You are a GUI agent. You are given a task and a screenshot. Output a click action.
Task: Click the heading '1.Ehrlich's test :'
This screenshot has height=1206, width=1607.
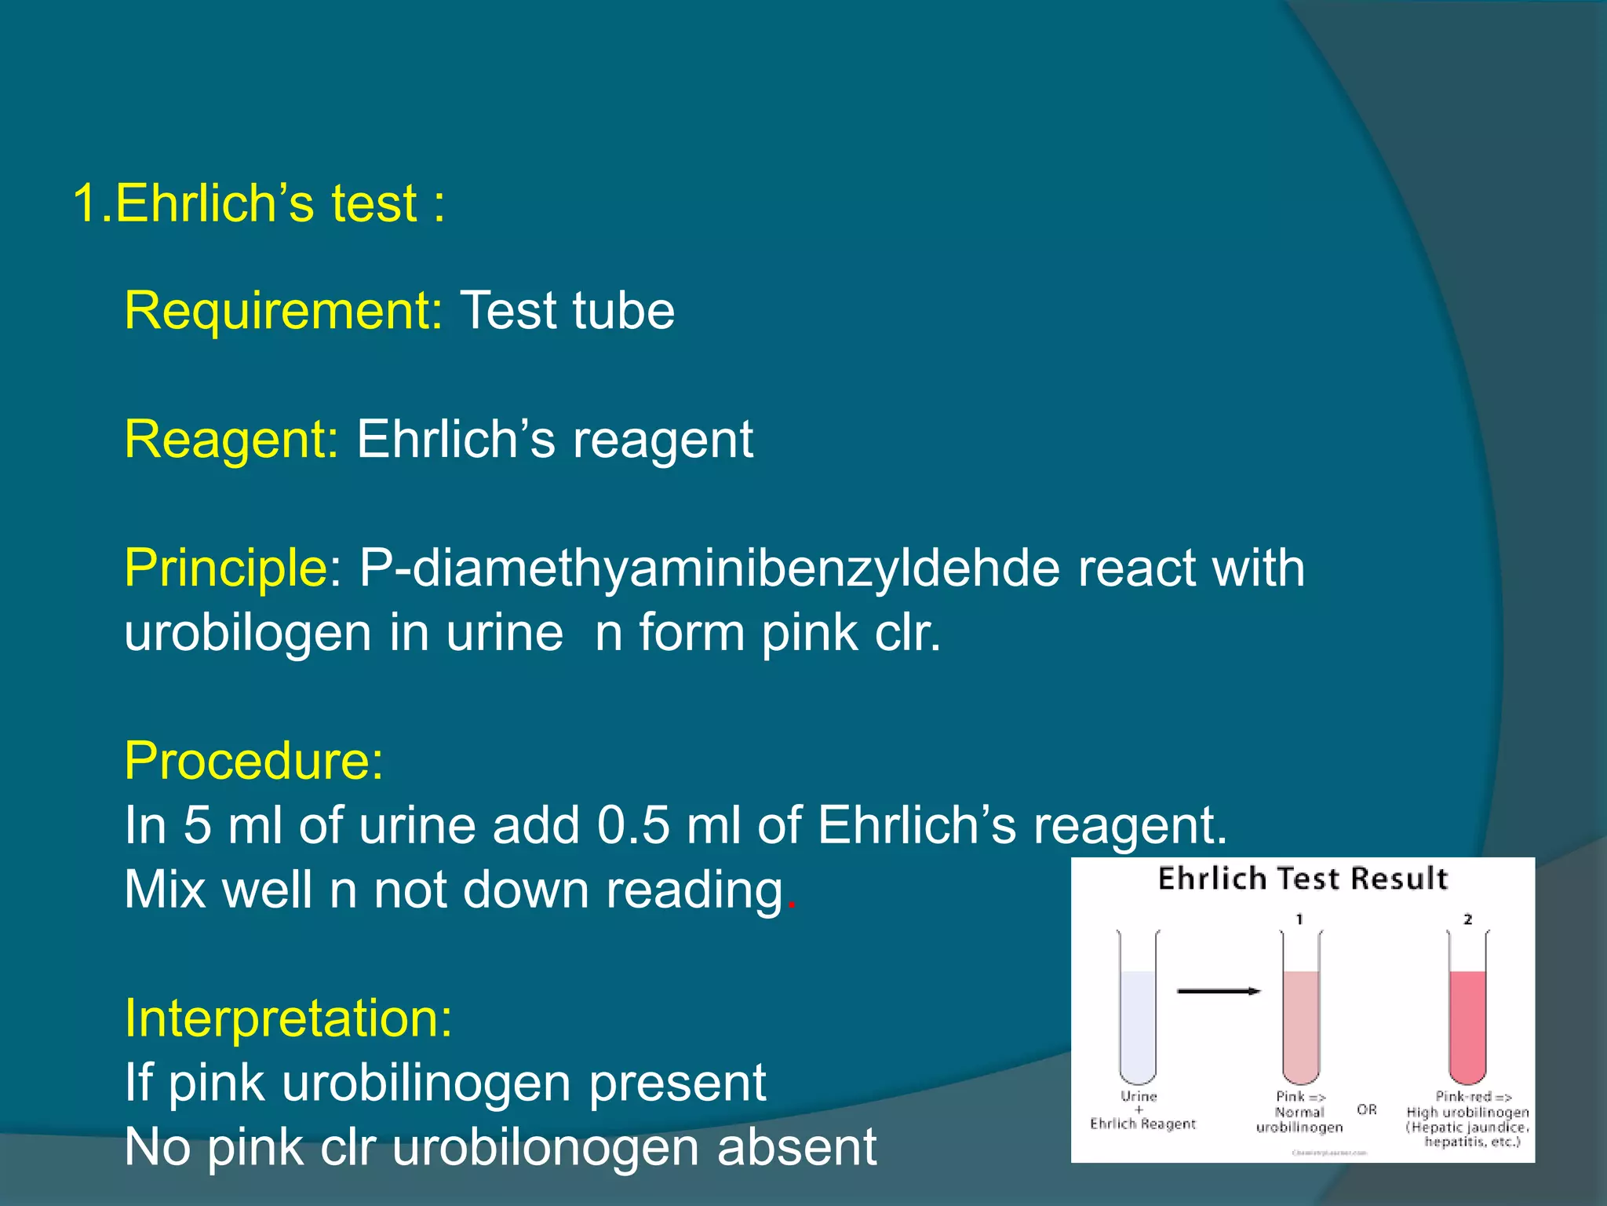(259, 204)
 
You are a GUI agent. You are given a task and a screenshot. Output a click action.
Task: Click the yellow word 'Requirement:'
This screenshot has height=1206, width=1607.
(283, 311)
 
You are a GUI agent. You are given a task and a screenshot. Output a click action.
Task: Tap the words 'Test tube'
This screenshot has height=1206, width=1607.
(567, 311)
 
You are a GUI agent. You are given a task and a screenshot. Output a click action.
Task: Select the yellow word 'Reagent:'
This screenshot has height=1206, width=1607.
(231, 440)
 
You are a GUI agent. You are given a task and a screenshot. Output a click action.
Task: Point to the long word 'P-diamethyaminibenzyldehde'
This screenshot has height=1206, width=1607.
(709, 568)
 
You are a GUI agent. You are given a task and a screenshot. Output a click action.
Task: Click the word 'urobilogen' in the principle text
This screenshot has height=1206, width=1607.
(247, 633)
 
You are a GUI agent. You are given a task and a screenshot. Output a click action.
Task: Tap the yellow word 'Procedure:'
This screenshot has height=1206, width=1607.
(254, 762)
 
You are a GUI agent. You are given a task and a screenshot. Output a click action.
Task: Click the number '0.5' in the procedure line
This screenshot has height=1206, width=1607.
(632, 826)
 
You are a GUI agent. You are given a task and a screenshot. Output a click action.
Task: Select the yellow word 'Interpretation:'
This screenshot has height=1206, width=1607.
(288, 1019)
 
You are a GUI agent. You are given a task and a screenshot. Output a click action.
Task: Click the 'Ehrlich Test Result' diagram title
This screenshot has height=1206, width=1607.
(1303, 879)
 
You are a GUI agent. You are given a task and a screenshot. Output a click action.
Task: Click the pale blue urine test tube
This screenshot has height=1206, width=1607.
(1138, 1021)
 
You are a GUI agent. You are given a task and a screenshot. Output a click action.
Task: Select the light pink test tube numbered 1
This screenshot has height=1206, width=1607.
(1301, 1021)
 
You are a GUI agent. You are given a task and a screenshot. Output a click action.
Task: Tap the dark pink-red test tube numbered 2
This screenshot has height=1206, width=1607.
(1467, 1021)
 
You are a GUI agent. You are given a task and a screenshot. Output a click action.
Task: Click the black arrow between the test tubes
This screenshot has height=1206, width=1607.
(1218, 992)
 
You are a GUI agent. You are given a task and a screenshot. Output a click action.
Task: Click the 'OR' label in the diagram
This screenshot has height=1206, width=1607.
(1367, 1110)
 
